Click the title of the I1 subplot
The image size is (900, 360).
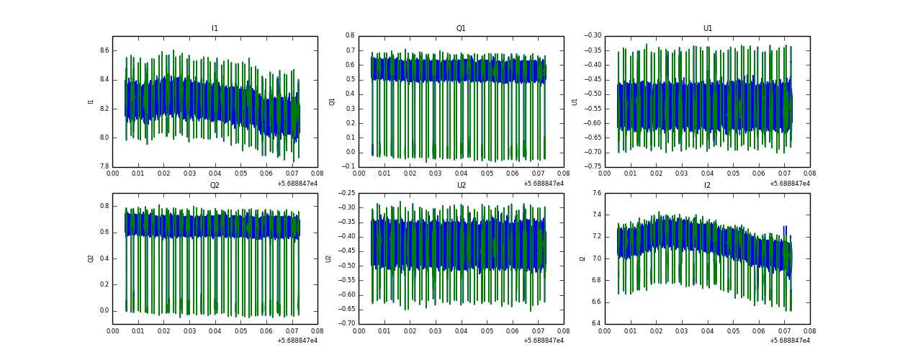[x=215, y=29]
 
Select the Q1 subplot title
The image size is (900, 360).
[x=461, y=29]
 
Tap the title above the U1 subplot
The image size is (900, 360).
[x=707, y=29]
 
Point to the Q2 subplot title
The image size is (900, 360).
[x=215, y=186]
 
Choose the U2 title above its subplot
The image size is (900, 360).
[x=461, y=186]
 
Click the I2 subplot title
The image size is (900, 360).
[x=707, y=186]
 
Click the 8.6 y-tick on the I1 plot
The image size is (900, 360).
[x=104, y=50]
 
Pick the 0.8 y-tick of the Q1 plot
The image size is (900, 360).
[x=350, y=35]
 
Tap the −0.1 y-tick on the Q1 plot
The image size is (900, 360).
[x=348, y=167]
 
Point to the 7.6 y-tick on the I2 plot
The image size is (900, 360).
[x=597, y=193]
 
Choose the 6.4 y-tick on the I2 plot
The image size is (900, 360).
[x=597, y=323]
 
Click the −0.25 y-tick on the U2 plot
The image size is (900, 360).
[x=346, y=193]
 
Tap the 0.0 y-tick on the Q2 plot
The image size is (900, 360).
[x=104, y=311]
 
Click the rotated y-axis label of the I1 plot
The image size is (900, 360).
[x=91, y=102]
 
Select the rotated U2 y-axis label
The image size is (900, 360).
[x=328, y=258]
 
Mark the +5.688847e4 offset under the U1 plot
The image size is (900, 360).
[x=789, y=184]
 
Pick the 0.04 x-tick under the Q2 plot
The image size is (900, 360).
[x=215, y=331]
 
